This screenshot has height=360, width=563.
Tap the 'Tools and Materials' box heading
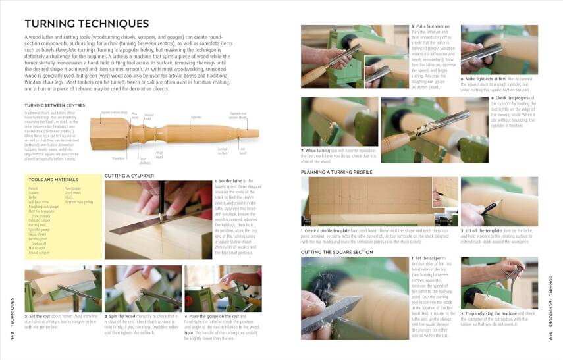[x=49, y=179]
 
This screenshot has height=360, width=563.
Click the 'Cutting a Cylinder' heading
[x=129, y=176]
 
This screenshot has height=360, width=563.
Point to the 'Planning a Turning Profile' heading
[x=336, y=172]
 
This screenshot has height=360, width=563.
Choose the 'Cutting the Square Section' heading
[x=336, y=252]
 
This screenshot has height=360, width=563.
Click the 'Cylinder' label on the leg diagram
[x=196, y=117]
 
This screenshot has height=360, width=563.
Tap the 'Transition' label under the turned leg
[x=119, y=158]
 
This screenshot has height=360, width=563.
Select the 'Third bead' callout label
[x=159, y=155]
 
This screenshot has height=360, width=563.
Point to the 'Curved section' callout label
[x=223, y=151]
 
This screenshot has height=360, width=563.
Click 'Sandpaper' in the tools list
[x=73, y=188]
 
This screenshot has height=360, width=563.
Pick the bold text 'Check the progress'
[x=510, y=98]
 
